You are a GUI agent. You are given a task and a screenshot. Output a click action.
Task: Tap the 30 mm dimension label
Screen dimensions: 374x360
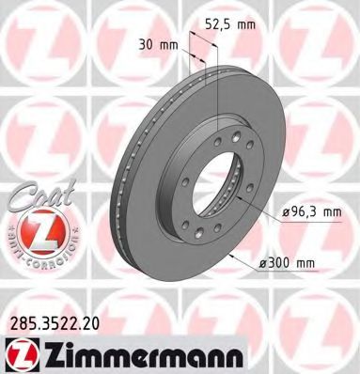tap(156, 43)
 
